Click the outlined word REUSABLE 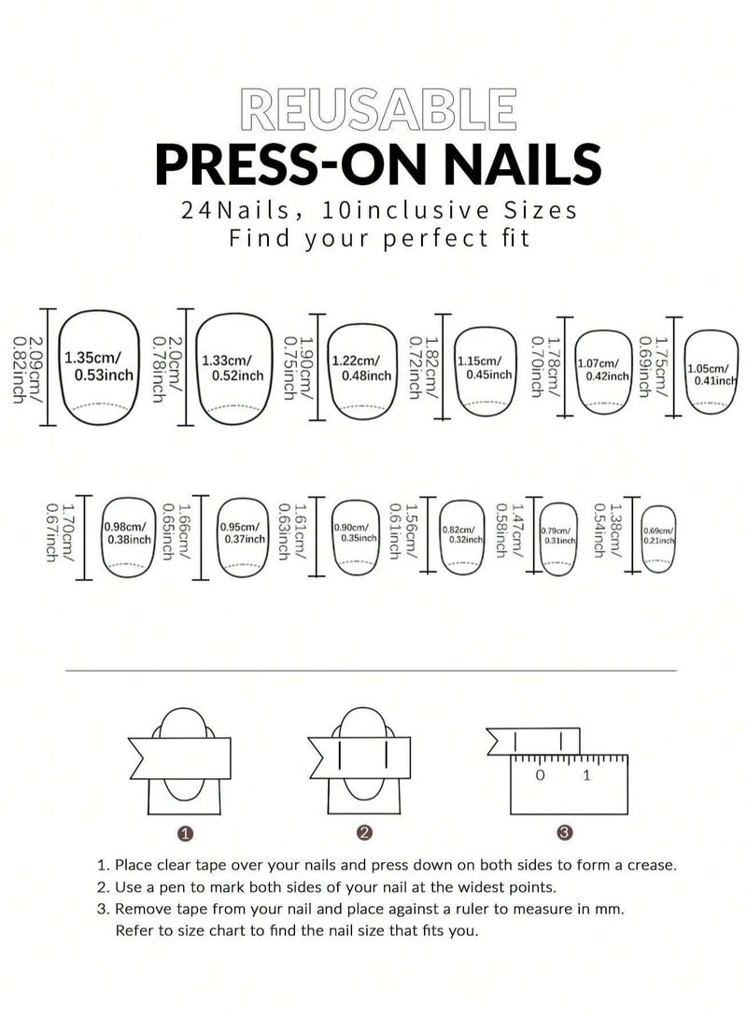(376, 110)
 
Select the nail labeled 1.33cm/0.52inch (233, 367)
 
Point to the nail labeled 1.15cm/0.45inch (484, 367)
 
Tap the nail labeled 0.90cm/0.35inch (354, 533)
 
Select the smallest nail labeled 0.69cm (659, 535)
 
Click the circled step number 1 (186, 832)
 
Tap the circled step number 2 (365, 832)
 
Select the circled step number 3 (563, 832)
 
